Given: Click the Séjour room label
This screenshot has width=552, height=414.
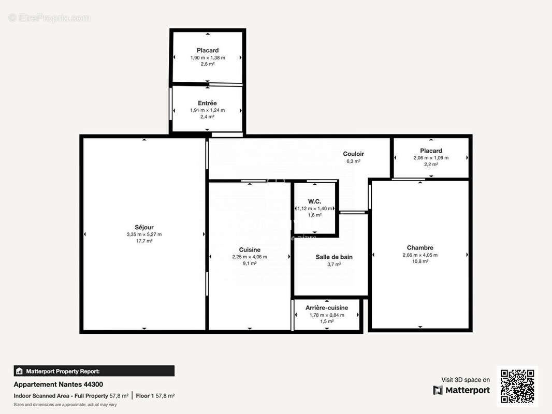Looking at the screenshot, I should click(x=144, y=227).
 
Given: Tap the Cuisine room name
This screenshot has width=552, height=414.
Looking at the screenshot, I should click(x=250, y=249).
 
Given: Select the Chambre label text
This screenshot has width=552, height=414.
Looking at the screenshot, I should click(x=420, y=247).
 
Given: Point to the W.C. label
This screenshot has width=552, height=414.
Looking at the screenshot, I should click(x=314, y=201).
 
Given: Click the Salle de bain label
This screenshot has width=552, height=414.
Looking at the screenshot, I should click(x=334, y=257).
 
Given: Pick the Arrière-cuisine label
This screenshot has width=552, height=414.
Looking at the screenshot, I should click(x=326, y=307).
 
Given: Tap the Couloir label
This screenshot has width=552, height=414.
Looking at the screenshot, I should click(x=353, y=154).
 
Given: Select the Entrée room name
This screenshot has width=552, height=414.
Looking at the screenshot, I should click(x=207, y=103).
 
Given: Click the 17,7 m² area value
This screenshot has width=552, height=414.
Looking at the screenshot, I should click(x=144, y=241).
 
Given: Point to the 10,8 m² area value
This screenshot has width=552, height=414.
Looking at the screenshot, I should click(x=420, y=261).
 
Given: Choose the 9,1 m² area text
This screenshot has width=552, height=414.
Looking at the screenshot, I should click(x=250, y=263).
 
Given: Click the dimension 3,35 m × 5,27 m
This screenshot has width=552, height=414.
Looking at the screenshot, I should click(x=144, y=234).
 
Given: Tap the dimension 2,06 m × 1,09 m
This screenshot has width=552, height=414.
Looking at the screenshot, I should click(x=431, y=158).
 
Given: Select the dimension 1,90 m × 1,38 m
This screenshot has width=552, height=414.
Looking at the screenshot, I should click(x=208, y=57).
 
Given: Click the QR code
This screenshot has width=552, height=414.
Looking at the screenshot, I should click(x=517, y=387).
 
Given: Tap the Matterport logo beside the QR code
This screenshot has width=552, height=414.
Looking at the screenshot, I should click(x=461, y=390).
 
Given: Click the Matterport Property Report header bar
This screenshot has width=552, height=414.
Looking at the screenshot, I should click(x=94, y=371).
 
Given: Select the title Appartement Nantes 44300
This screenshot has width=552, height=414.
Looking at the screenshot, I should click(x=58, y=385).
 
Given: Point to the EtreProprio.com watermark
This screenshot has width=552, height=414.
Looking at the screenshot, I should click(x=50, y=18).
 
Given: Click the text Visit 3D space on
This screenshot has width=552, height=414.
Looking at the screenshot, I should click(x=465, y=380).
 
